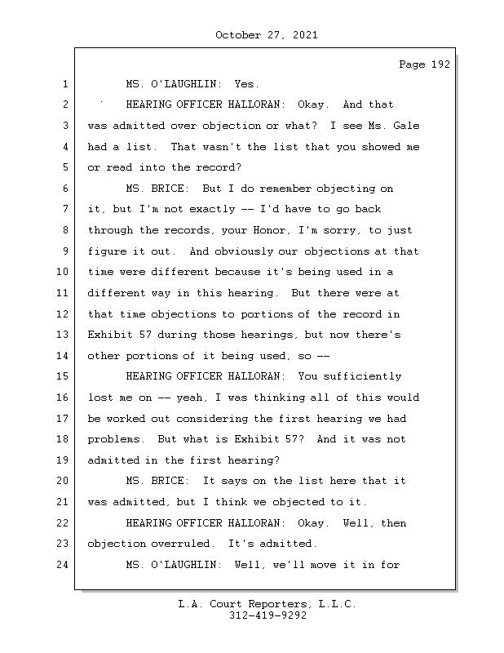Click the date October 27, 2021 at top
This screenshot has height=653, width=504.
tap(266, 35)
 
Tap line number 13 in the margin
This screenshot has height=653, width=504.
tap(65, 335)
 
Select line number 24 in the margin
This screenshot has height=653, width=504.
tap(65, 564)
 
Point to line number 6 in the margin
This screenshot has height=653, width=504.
tap(65, 189)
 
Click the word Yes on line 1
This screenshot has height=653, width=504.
tap(246, 84)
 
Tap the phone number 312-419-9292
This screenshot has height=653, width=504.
tap(267, 616)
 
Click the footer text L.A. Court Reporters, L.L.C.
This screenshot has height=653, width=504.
tap(267, 604)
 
